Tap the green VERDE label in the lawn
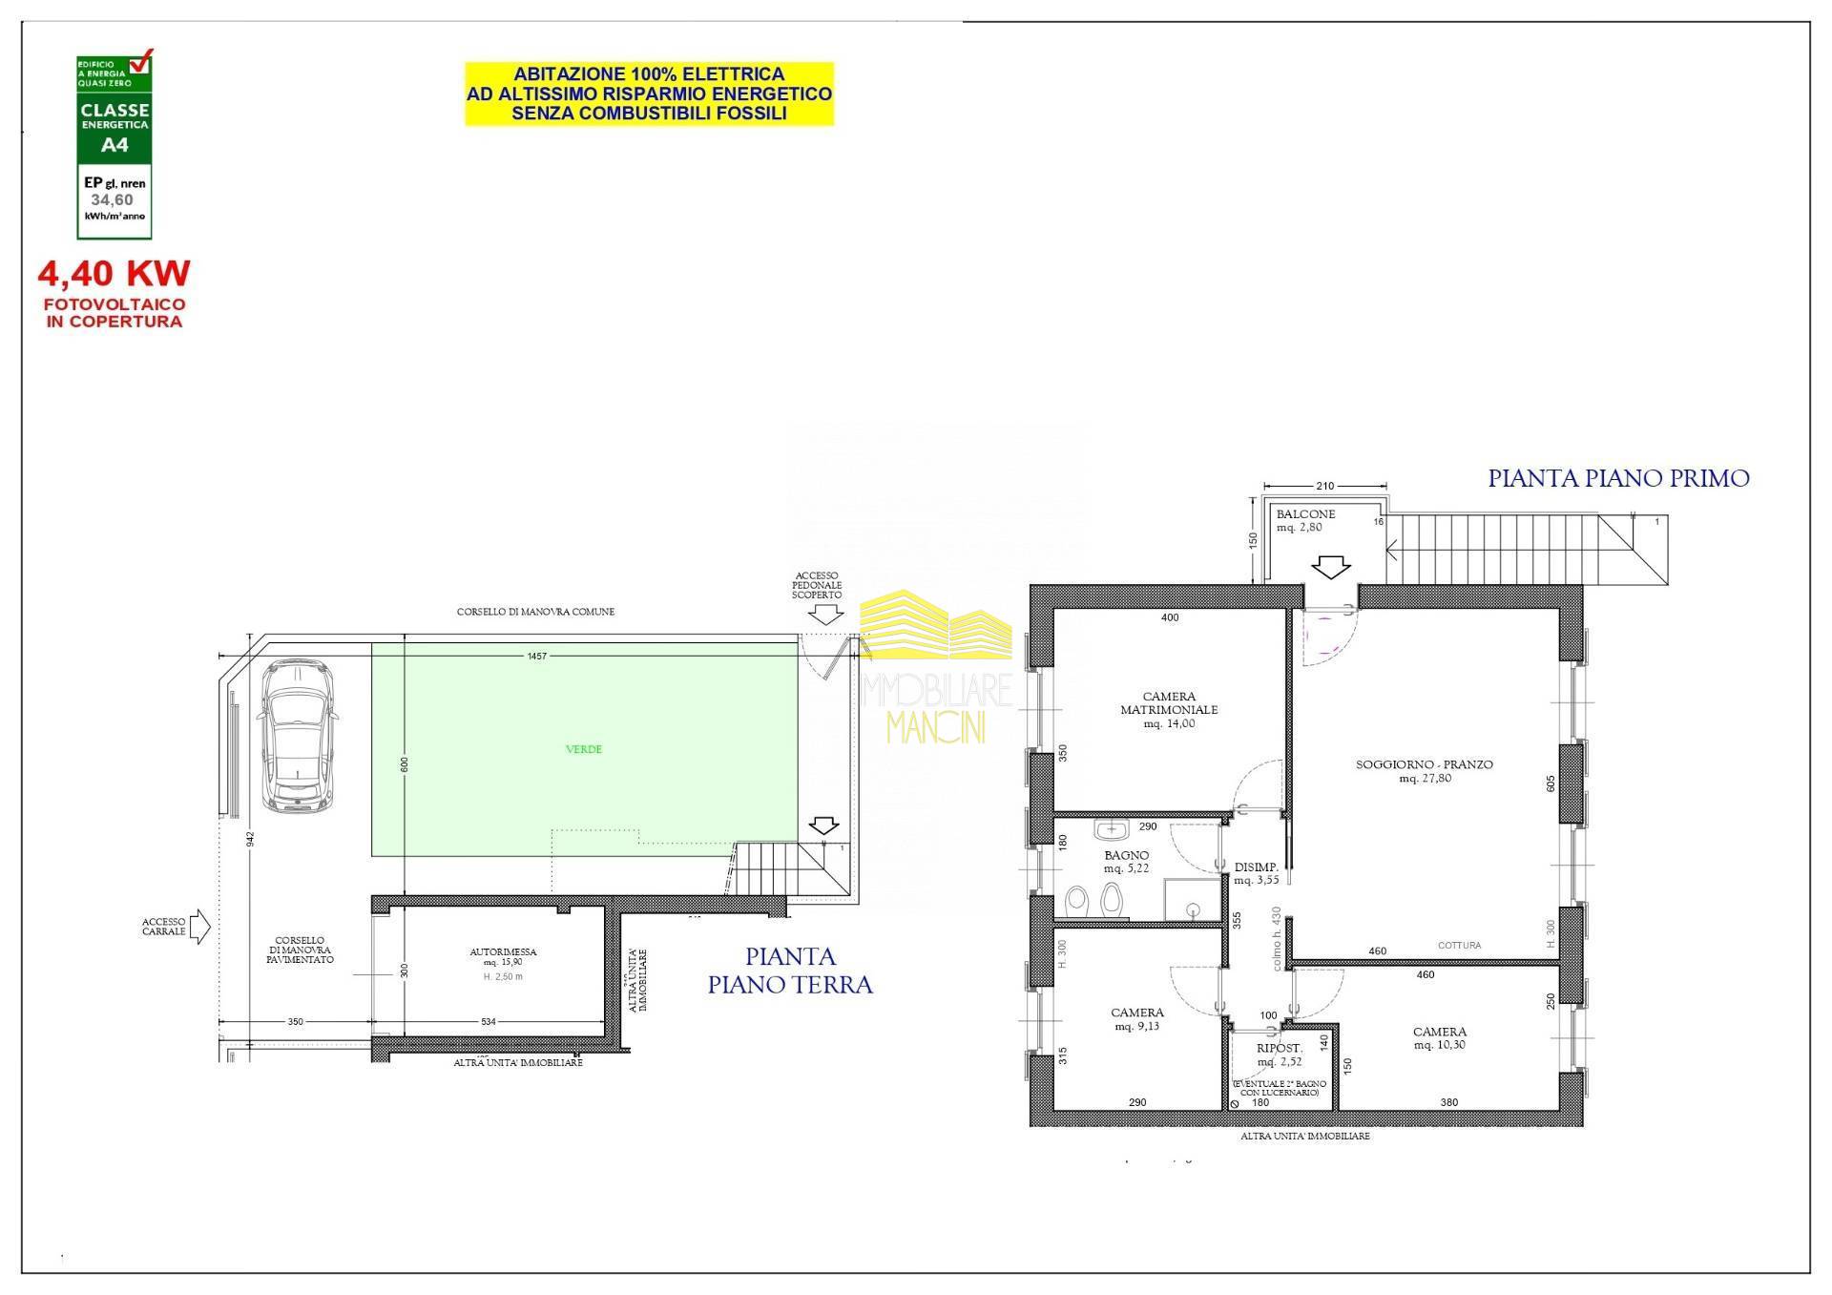point(584,749)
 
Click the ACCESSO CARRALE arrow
point(200,927)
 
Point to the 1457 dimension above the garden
point(537,657)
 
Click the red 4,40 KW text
point(114,274)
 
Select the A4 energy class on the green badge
point(114,145)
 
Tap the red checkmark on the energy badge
point(140,63)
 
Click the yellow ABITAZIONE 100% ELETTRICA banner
point(649,94)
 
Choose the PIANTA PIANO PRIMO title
point(1618,478)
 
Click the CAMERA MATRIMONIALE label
point(1169,709)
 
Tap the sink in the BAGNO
point(1112,829)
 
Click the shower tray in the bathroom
point(1193,901)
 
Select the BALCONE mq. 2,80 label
point(1305,520)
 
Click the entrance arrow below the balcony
point(1330,568)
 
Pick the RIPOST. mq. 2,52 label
point(1279,1055)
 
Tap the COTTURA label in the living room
point(1459,946)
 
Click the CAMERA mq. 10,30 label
point(1440,1037)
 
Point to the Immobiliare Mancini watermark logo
point(935,668)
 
